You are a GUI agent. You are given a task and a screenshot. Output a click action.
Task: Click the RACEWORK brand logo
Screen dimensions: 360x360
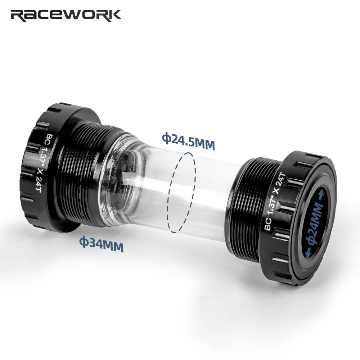(66, 15)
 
